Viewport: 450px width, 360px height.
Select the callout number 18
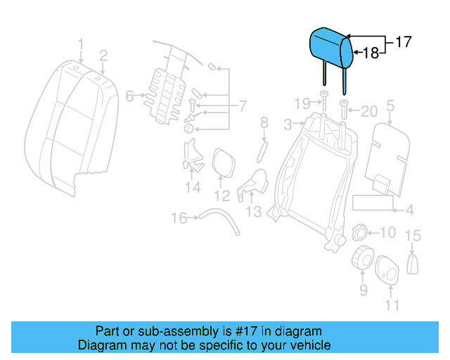coord(371,53)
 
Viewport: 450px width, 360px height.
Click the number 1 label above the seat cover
coord(81,46)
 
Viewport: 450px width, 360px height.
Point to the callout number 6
coord(129,96)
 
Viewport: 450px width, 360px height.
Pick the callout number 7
coord(243,107)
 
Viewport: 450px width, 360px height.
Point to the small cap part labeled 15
coord(413,264)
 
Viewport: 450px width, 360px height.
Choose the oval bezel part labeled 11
coord(386,269)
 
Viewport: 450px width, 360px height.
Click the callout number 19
coord(302,104)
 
